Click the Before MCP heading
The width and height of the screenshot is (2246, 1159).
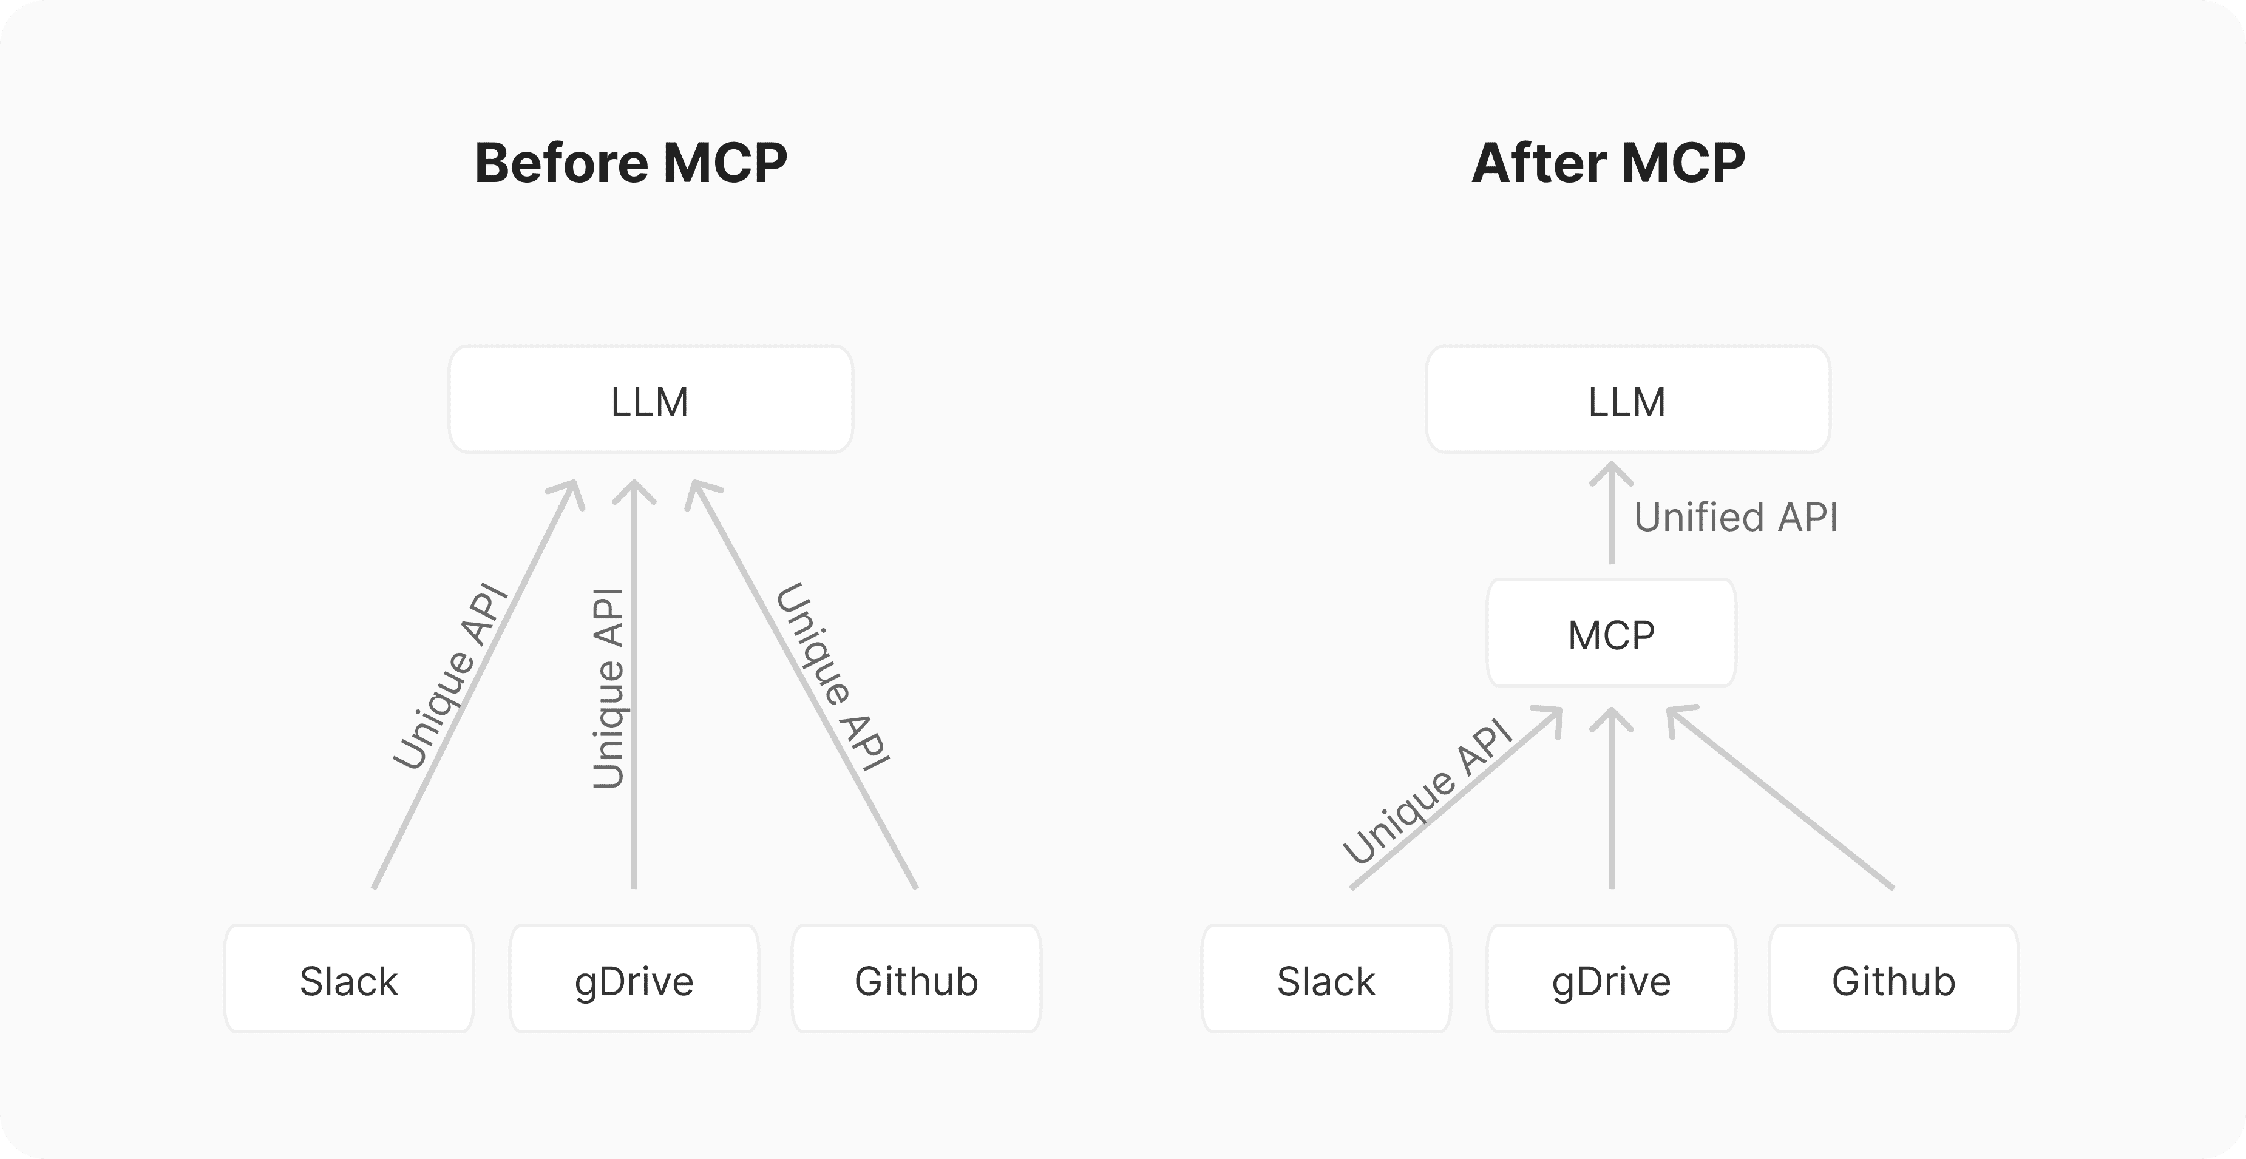pos(630,163)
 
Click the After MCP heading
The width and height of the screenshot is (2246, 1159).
pos(1609,163)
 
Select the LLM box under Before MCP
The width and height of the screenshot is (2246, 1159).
pos(651,400)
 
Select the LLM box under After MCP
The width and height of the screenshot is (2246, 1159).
pos(1628,400)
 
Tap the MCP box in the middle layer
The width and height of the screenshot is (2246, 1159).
pos(1611,634)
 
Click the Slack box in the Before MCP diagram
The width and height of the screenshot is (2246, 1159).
pos(349,979)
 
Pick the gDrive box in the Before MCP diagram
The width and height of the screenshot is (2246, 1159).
pos(634,979)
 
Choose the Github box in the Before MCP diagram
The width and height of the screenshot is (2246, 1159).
pos(917,979)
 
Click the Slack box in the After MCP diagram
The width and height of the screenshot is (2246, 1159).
pos(1326,979)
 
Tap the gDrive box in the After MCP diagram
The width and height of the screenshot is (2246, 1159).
pos(1611,979)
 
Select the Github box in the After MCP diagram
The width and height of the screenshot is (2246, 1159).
pos(1894,979)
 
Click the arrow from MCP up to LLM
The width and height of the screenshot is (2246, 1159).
pos(1611,513)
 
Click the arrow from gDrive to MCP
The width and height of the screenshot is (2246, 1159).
pos(1611,798)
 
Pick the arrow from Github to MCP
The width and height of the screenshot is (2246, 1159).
pos(1780,797)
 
